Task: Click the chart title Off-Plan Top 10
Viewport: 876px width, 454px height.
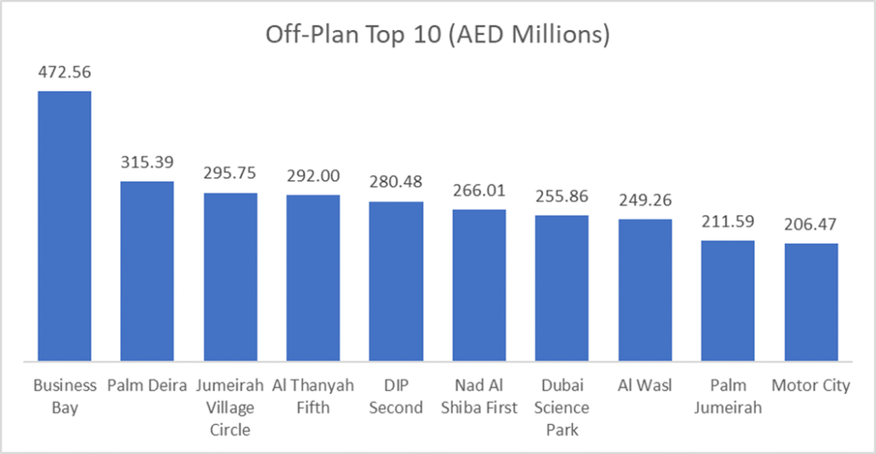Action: pyautogui.click(x=437, y=35)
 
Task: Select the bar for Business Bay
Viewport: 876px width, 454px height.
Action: pyautogui.click(x=63, y=226)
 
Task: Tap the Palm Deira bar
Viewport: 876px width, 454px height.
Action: pyautogui.click(x=146, y=271)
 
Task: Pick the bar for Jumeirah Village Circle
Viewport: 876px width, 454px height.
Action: pyautogui.click(x=230, y=277)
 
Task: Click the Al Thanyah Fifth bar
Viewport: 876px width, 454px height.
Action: pyautogui.click(x=313, y=278)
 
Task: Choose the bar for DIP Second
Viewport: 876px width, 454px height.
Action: pyautogui.click(x=396, y=281)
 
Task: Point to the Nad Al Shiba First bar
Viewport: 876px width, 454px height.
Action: pyautogui.click(x=479, y=286)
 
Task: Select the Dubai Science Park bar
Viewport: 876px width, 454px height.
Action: pyautogui.click(x=562, y=288)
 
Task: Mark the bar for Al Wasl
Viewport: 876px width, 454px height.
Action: pyautogui.click(x=645, y=291)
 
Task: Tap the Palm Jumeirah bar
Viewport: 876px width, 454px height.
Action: pyautogui.click(x=728, y=301)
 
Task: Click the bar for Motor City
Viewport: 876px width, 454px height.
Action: pyautogui.click(x=811, y=303)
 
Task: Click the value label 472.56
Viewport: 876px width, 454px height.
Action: pyautogui.click(x=64, y=73)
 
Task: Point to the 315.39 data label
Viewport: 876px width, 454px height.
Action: pyautogui.click(x=146, y=163)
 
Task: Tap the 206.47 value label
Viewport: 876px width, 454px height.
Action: pyautogui.click(x=811, y=226)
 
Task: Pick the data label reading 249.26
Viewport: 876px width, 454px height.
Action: pyautogui.click(x=645, y=201)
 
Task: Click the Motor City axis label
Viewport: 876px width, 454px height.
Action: pyautogui.click(x=811, y=386)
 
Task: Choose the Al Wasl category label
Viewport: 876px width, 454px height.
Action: pyautogui.click(x=645, y=386)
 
